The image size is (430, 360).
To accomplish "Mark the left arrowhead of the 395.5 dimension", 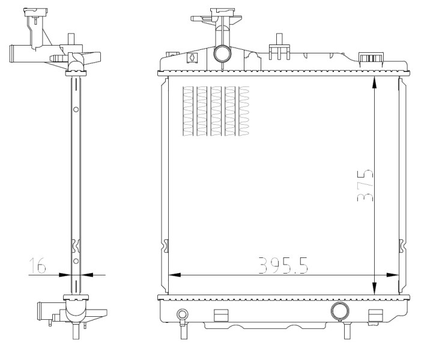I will tap(174, 275).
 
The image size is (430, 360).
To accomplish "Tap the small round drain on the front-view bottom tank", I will tap(183, 314).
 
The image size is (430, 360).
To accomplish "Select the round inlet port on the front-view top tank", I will tap(222, 54).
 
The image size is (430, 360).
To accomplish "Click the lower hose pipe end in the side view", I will tap(41, 311).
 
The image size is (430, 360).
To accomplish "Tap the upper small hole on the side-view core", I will tap(76, 109).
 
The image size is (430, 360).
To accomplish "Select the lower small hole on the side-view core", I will tap(76, 262).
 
